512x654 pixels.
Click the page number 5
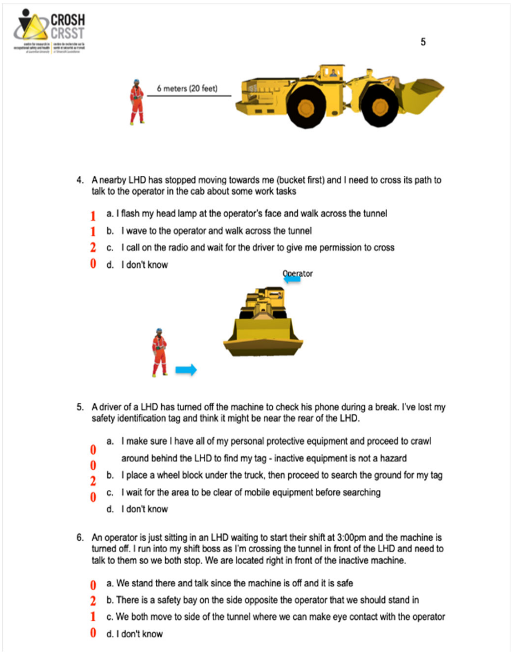coord(423,42)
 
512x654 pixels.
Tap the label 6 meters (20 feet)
coord(187,88)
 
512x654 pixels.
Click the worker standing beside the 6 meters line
coord(137,102)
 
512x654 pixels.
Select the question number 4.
coord(80,180)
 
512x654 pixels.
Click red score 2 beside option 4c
coord(93,247)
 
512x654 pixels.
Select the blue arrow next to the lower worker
coord(186,370)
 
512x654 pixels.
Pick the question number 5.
coord(80,407)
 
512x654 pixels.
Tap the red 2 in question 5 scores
coord(93,481)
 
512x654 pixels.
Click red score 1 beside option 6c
coord(93,617)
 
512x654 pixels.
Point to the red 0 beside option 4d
coord(93,264)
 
